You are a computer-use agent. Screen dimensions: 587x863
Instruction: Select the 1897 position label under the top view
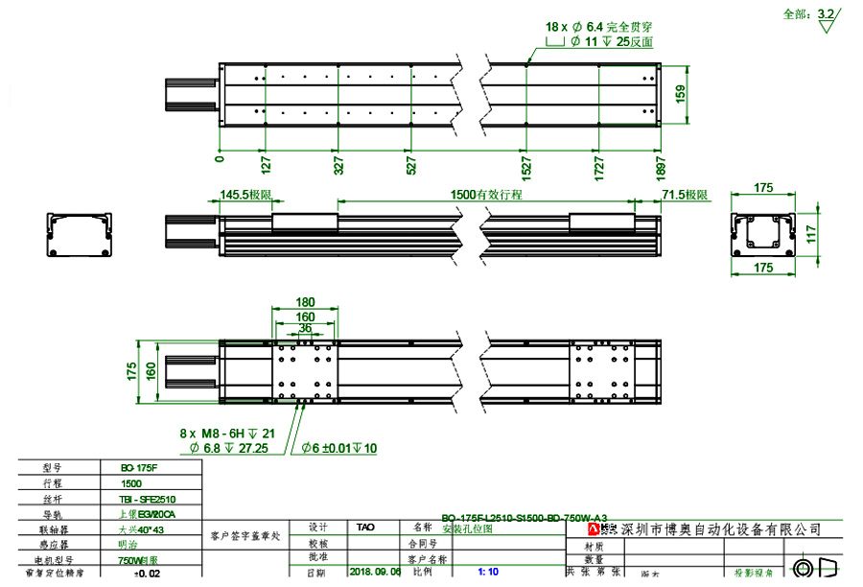(x=660, y=165)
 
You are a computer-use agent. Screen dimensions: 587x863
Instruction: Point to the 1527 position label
(x=525, y=165)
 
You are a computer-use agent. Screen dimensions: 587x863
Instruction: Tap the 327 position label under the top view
(x=337, y=165)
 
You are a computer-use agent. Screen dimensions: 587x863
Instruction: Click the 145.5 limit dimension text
(x=245, y=195)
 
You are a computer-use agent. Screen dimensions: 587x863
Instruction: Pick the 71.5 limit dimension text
(x=685, y=195)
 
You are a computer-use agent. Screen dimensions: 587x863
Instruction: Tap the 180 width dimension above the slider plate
(x=305, y=303)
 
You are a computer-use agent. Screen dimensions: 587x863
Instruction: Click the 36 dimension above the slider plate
(x=305, y=328)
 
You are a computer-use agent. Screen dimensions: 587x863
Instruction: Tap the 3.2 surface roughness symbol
(x=824, y=15)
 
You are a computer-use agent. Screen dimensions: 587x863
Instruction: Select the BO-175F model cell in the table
(x=140, y=468)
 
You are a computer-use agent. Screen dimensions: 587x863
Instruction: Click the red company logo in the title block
(x=594, y=529)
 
